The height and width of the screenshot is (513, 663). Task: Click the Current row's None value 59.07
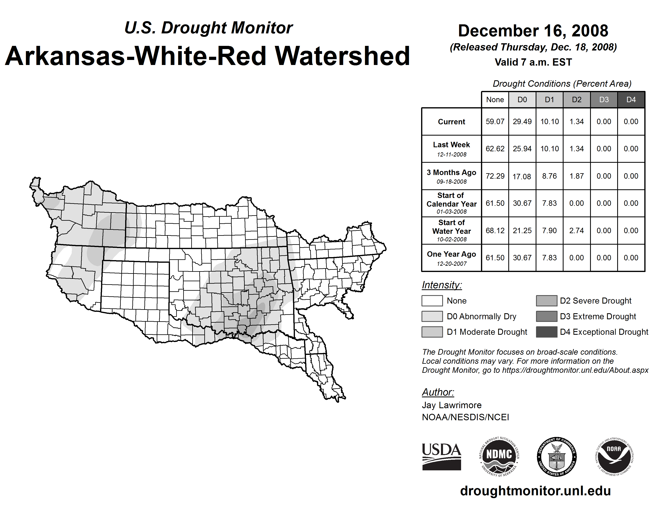495,122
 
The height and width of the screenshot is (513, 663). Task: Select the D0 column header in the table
522,100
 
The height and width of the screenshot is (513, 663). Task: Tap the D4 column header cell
631,100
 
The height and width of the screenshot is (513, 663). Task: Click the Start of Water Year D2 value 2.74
576,230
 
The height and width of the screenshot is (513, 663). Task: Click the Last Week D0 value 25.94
522,149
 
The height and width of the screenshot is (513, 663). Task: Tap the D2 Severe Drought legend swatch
546,301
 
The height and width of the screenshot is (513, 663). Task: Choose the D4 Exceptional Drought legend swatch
546,332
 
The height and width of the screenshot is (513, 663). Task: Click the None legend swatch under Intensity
432,301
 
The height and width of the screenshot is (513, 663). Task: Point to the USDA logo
441,456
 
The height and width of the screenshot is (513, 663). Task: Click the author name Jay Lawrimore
452,405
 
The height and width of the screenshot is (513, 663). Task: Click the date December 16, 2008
533,31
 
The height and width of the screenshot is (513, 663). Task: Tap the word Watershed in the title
342,56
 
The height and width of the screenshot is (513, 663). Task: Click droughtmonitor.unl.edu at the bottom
535,491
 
